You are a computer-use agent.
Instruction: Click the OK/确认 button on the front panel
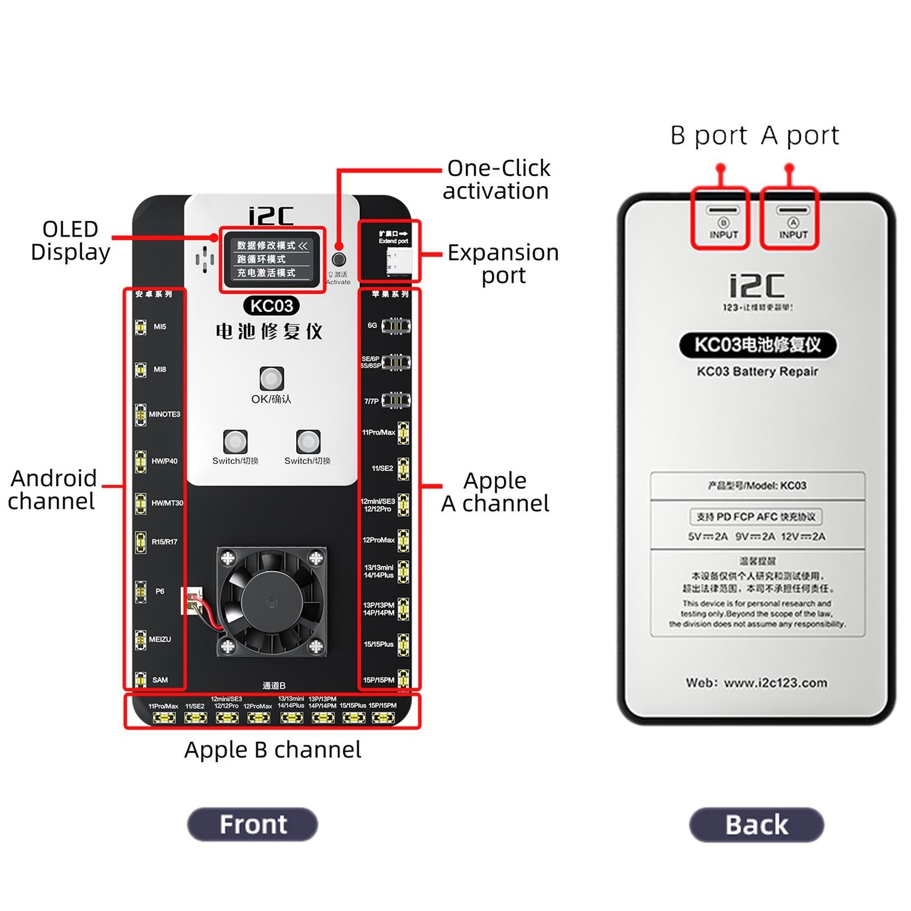pos(272,379)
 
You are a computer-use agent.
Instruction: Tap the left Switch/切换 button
pos(235,442)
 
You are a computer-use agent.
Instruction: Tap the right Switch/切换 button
pos(308,442)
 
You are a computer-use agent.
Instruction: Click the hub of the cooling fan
pos(272,602)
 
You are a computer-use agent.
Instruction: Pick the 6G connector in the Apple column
pos(396,326)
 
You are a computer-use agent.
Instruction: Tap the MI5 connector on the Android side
pos(141,327)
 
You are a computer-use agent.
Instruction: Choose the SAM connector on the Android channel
pos(141,679)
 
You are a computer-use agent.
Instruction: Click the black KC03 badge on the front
pos(272,306)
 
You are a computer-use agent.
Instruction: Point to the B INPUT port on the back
pos(723,210)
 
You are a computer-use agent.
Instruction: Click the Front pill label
pos(253,824)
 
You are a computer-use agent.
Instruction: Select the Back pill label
pos(756,824)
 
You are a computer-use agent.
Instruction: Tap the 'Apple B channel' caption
pos(273,750)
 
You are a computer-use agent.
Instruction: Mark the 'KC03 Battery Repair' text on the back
pos(757,371)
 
